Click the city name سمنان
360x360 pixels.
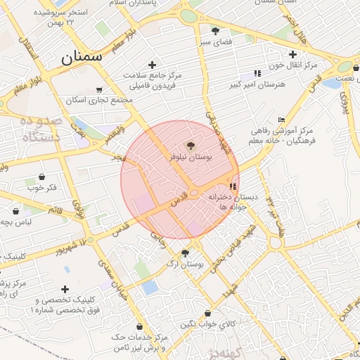point(82,57)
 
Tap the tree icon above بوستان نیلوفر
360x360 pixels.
point(193,146)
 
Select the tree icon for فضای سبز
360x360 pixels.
point(214,31)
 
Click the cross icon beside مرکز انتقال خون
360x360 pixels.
point(292,54)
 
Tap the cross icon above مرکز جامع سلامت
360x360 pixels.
point(151,65)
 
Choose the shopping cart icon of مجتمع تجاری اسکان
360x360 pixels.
point(99,89)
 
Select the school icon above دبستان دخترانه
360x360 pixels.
point(233,186)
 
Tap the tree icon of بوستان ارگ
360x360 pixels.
point(185,253)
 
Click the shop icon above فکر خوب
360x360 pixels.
point(42,176)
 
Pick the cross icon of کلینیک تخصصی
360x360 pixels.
point(65,289)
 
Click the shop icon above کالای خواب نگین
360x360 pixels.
point(207,313)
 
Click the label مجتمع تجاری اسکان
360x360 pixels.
point(99,100)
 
